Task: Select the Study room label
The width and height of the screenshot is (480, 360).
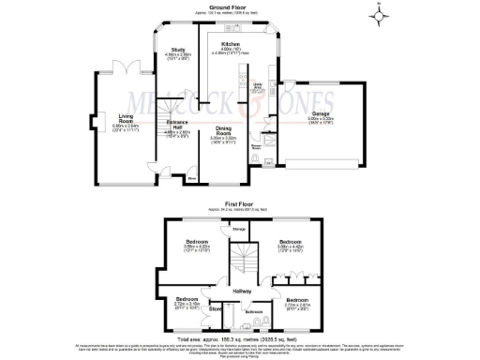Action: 178,52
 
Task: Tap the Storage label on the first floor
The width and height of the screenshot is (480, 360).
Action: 239,228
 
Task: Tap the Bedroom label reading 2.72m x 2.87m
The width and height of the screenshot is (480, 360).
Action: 295,302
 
